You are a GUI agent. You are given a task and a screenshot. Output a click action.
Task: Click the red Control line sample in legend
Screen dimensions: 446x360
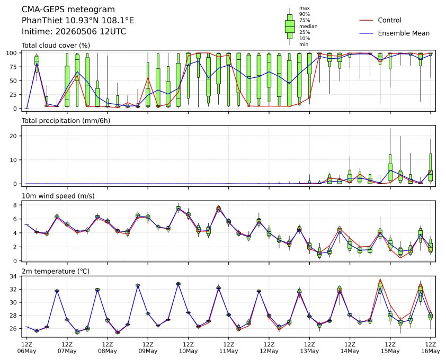(366, 20)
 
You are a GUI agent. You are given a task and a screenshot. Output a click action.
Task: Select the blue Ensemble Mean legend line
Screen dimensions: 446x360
(366, 33)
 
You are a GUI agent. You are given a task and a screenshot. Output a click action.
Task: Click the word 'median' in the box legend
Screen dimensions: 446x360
(308, 26)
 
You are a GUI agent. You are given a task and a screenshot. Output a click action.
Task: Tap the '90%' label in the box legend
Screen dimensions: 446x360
(305, 14)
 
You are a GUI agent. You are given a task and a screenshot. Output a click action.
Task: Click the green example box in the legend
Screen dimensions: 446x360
(290, 26)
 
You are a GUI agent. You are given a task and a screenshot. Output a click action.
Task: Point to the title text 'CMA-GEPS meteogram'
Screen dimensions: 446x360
(68, 10)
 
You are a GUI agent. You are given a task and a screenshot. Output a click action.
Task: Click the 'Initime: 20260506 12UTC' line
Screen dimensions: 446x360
(74, 31)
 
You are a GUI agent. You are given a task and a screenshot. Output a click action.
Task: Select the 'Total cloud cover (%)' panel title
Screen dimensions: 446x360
(56, 46)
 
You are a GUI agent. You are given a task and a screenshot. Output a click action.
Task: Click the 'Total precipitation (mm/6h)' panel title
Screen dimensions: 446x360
(66, 121)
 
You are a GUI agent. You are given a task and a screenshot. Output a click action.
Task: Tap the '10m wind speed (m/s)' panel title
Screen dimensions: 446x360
(58, 196)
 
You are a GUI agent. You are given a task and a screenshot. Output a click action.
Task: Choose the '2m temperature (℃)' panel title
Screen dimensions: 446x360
(56, 271)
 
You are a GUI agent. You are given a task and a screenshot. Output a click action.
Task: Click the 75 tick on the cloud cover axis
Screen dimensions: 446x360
(14, 67)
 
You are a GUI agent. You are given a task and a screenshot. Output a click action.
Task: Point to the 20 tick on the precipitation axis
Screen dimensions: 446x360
(14, 136)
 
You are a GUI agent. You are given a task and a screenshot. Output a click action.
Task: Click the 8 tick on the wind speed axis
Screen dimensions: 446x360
(15, 205)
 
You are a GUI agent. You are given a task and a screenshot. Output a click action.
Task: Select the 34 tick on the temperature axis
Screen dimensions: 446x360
(14, 276)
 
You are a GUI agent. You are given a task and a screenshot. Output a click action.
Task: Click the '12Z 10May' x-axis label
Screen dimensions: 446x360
(188, 348)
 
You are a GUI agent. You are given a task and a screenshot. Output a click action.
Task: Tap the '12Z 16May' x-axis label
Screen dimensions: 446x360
(430, 348)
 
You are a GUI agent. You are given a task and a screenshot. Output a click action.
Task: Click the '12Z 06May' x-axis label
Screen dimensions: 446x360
(26, 348)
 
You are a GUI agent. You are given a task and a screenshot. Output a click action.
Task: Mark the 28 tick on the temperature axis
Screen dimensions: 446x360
(14, 316)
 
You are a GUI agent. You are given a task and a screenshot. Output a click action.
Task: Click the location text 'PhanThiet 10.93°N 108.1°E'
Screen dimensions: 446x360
(78, 21)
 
